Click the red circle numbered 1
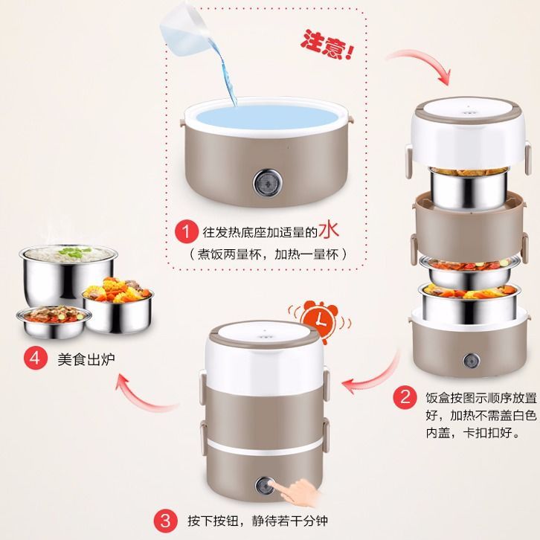pyautogui.click(x=186, y=231)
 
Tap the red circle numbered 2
pyautogui.click(x=405, y=396)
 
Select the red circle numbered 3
pyautogui.click(x=165, y=521)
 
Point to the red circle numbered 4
pyautogui.click(x=36, y=359)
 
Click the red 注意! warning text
pyautogui.click(x=327, y=45)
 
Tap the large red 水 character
pyautogui.click(x=329, y=230)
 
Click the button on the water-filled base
pyautogui.click(x=268, y=183)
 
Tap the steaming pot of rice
pyautogui.click(x=68, y=274)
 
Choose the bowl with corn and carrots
pyautogui.click(x=118, y=305)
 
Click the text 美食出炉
pyautogui.click(x=86, y=359)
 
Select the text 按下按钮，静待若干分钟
pyautogui.click(x=257, y=521)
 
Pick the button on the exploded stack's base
pyautogui.click(x=471, y=361)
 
